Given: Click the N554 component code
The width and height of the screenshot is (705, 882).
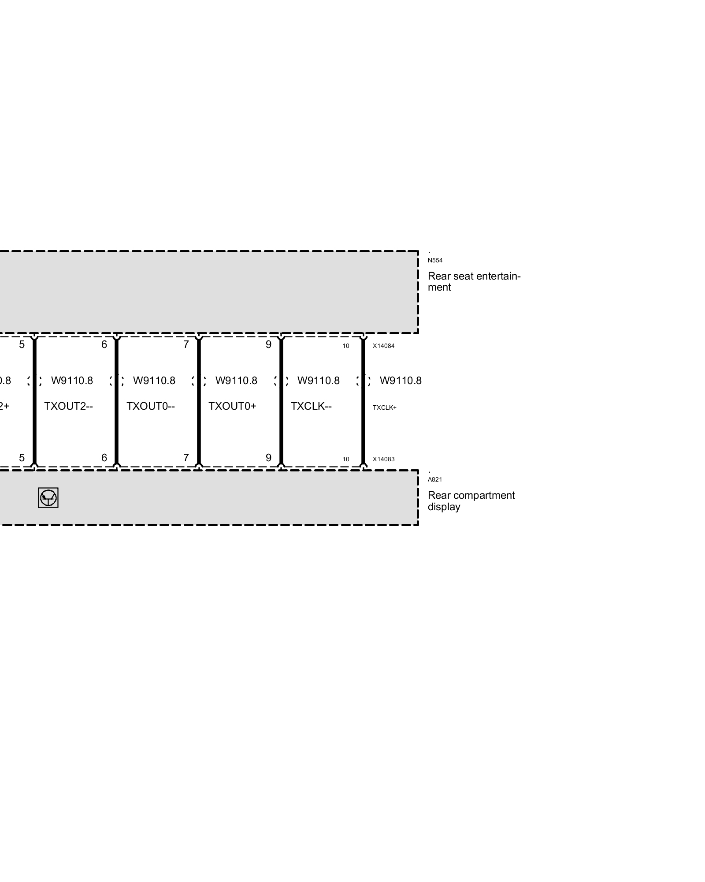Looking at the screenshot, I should [x=435, y=260].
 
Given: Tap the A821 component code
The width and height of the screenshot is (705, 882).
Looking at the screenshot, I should [x=434, y=479].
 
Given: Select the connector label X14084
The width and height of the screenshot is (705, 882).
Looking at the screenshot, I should [x=383, y=346].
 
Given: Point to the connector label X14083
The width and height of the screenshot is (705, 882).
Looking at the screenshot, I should [x=383, y=459].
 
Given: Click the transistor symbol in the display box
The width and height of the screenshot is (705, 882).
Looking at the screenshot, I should [x=48, y=498].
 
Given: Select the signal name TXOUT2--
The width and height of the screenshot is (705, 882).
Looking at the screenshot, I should [x=68, y=406].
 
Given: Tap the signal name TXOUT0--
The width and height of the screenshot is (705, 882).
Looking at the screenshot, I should [x=151, y=406].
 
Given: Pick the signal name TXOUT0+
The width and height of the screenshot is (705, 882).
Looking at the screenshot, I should [x=232, y=406].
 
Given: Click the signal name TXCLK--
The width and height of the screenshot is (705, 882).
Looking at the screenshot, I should [x=311, y=406].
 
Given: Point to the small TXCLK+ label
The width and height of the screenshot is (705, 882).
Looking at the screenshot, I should [x=384, y=407].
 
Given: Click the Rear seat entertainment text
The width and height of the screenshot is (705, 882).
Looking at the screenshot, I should [x=474, y=281].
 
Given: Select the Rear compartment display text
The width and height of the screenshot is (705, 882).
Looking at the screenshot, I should [x=471, y=501].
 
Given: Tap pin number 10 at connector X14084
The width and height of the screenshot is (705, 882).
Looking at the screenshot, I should [x=346, y=346].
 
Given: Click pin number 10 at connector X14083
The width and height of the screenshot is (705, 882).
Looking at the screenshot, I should [x=346, y=459].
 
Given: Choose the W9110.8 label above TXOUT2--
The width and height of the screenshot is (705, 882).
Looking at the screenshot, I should [x=72, y=381].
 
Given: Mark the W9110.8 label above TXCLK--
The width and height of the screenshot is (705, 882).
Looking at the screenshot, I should [x=319, y=381].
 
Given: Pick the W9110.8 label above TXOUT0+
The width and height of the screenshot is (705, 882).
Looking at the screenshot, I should [x=236, y=381].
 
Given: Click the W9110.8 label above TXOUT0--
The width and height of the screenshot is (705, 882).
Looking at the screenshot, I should [x=154, y=381].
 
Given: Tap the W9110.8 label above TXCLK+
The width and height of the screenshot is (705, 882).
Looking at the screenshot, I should [x=401, y=381].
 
